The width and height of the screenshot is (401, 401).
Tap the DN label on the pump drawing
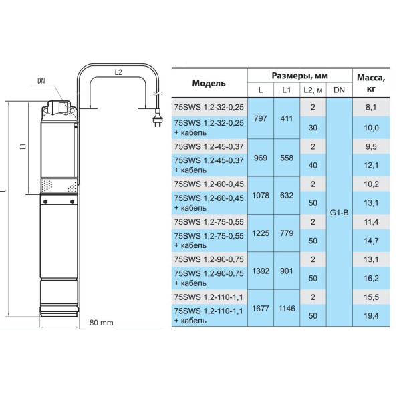41,81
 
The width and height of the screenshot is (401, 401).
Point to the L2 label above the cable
118,72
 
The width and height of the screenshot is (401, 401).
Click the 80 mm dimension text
102,323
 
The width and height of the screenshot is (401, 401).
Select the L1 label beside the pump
23,146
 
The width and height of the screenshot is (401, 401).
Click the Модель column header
209,83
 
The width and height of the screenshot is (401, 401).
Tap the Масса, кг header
371,83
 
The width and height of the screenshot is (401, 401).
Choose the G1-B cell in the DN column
339,213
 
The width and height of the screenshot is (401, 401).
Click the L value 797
261,118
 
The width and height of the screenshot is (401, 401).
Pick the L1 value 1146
287,308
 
